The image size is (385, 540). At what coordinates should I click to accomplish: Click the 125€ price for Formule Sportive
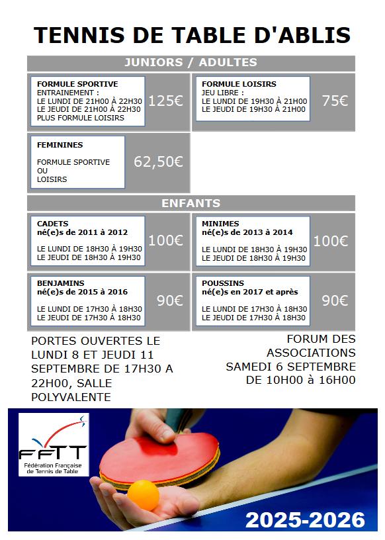[165, 101]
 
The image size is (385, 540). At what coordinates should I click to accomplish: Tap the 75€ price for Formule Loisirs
[335, 101]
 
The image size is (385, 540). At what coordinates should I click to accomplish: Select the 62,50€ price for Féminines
[158, 161]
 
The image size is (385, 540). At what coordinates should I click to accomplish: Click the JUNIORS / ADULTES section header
[191, 63]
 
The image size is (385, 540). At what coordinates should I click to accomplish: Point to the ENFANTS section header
[191, 203]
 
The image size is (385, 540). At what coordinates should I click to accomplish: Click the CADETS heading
[53, 224]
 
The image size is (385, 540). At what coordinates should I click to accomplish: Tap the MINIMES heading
[220, 224]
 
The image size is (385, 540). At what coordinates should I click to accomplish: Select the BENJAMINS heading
[61, 283]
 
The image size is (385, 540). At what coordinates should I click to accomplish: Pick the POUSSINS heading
[223, 283]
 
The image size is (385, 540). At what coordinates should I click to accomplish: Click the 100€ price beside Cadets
[165, 241]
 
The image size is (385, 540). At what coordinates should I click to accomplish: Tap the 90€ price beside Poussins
[335, 300]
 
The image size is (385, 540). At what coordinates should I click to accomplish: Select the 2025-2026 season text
[305, 520]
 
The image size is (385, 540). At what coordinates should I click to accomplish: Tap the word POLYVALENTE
[71, 397]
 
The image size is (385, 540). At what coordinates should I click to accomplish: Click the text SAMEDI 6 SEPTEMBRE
[290, 367]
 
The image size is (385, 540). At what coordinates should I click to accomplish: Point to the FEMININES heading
[60, 145]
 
